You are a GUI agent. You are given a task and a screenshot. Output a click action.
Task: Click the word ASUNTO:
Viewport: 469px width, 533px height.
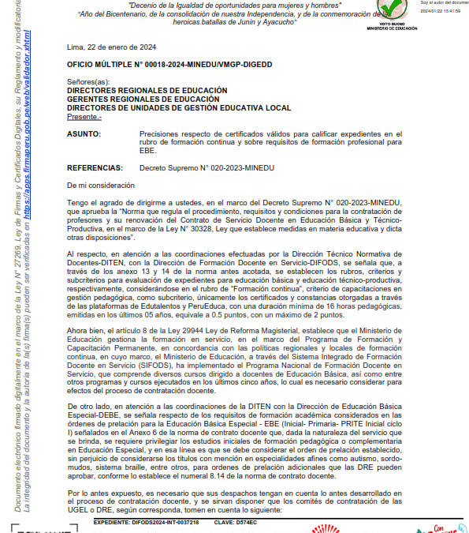click(x=84, y=135)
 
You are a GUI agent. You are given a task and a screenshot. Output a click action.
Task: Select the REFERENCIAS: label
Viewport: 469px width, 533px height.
click(x=95, y=168)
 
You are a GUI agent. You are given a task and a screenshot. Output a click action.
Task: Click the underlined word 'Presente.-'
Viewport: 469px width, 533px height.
click(x=84, y=116)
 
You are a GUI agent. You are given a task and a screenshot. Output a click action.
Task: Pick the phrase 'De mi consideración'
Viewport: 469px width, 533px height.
click(x=101, y=185)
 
